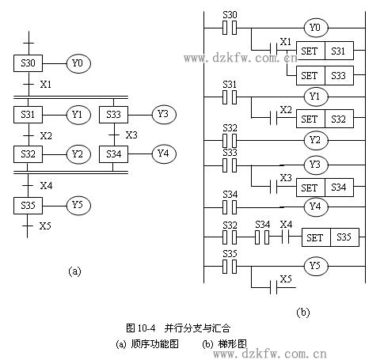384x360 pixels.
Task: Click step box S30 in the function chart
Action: [28, 63]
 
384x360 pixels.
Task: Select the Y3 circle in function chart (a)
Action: [164, 114]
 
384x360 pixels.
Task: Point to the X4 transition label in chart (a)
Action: [46, 186]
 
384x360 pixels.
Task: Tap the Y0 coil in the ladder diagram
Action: [316, 28]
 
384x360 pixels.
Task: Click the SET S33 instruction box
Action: [325, 75]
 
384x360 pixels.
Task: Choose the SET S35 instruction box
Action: [330, 237]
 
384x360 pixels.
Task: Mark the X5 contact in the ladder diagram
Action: [274, 287]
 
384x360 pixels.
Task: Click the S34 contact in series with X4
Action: [262, 237]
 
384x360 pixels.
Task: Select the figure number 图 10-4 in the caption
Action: [141, 328]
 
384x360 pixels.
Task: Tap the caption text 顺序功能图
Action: [154, 344]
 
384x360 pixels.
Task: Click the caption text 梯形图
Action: [233, 344]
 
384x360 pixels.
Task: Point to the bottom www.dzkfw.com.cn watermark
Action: [270, 354]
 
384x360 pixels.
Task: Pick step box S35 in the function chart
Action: [28, 206]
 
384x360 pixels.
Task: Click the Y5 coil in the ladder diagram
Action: [316, 266]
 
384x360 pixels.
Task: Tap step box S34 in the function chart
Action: [113, 154]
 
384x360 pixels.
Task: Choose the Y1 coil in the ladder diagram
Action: [316, 97]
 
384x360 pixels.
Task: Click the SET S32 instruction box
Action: [325, 119]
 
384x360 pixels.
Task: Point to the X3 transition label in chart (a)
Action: [131, 135]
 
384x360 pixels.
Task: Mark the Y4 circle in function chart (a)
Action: [164, 153]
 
